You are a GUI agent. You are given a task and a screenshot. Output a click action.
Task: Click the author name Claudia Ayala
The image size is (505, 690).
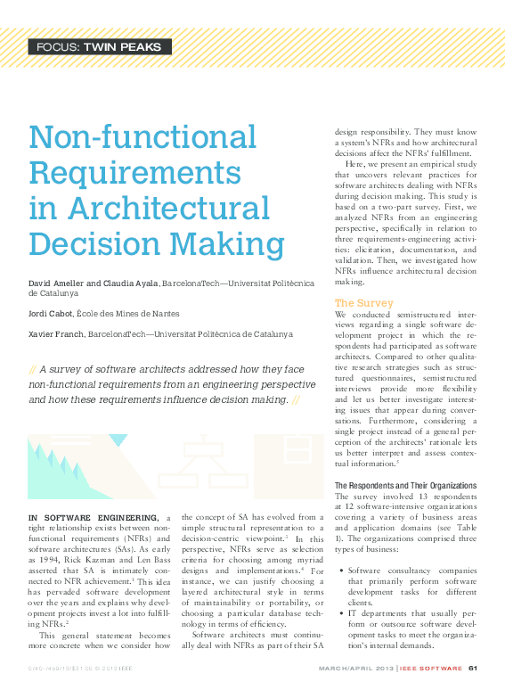[131, 283]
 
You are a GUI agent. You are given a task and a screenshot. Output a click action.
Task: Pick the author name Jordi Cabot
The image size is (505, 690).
[53, 313]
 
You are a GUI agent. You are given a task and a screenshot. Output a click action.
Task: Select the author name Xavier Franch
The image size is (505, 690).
[58, 334]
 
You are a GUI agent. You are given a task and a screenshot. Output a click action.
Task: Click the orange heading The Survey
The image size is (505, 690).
[363, 303]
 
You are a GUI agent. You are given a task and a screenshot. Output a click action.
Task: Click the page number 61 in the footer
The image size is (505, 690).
[473, 669]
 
